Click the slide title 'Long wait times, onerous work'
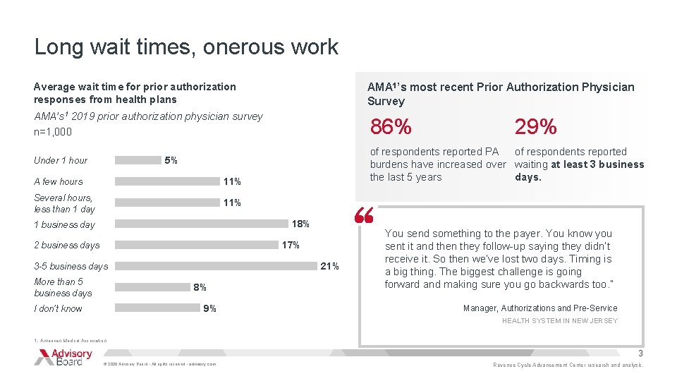coord(186,47)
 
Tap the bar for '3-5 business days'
coord(215,267)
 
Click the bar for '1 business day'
coord(202,224)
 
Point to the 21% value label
coord(329,267)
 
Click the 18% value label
coord(300,224)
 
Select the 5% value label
coord(171,161)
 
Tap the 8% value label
coord(200,288)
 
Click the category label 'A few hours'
coord(59,181)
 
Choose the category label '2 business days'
coord(67,246)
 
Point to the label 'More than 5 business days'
coord(63,287)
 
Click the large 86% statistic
coord(391,127)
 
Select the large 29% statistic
coord(535,127)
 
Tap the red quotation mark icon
coord(364,216)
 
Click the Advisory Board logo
coord(63,357)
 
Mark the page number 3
coord(640,353)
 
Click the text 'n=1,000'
coord(53,132)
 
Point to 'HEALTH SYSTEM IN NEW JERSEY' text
coord(559,321)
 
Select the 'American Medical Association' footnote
coord(71,340)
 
